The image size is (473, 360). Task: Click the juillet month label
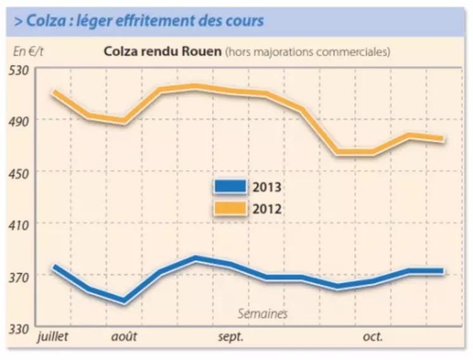coord(54,336)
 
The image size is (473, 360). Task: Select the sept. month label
coord(231,336)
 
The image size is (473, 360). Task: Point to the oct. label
coord(372,336)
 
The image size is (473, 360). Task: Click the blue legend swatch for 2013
coord(230,186)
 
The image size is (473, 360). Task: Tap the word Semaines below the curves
coord(263,313)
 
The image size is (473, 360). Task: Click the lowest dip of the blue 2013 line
coord(123,301)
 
